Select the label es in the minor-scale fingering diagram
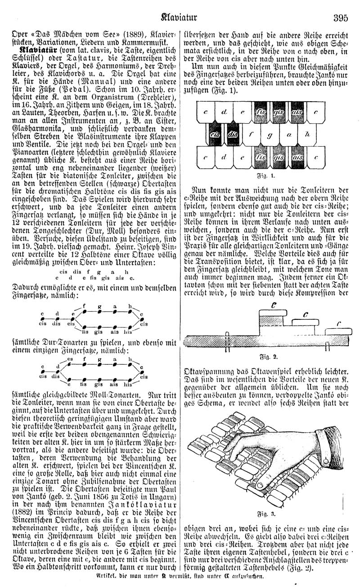click(70, 359)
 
